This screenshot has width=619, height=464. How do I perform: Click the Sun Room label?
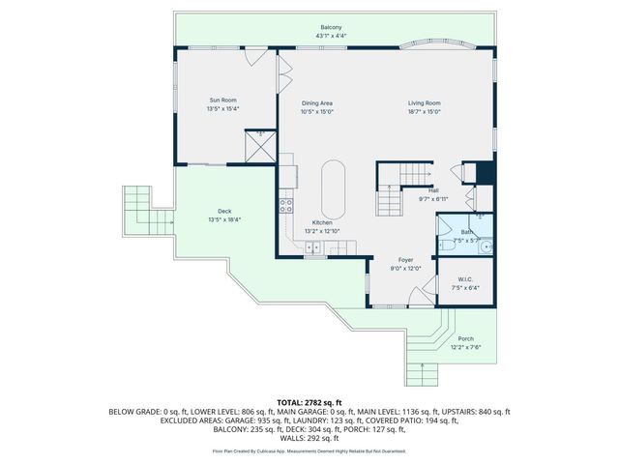coord(222,100)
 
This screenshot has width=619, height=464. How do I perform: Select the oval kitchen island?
coord(334,188)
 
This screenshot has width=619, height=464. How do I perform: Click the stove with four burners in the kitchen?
coord(286,205)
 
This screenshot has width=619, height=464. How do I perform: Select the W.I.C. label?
coord(465,277)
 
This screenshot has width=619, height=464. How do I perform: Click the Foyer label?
coord(407,261)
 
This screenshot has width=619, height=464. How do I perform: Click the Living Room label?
coord(424,102)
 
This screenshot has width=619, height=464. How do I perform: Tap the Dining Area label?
coord(317,102)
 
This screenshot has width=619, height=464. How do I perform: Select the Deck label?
coord(223,211)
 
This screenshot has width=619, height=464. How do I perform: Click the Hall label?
coord(433,190)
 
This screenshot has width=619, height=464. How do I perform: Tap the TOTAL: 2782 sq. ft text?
coord(309,400)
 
